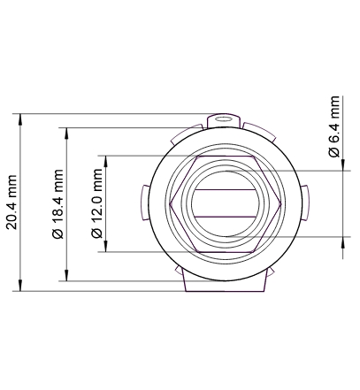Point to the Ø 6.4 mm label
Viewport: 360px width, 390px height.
pos(334,126)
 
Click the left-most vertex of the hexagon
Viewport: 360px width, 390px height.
pos(169,203)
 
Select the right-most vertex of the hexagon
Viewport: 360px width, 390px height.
pos(282,203)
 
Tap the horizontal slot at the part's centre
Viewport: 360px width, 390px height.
pos(225,203)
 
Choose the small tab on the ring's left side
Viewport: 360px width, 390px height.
pos(143,202)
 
